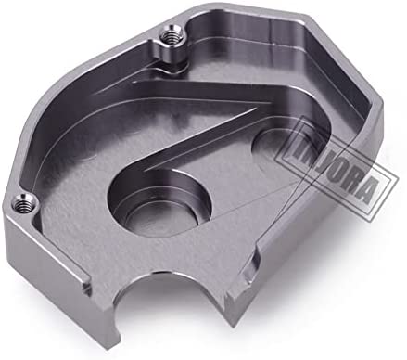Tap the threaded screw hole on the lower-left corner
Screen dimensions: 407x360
pos(22,204)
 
